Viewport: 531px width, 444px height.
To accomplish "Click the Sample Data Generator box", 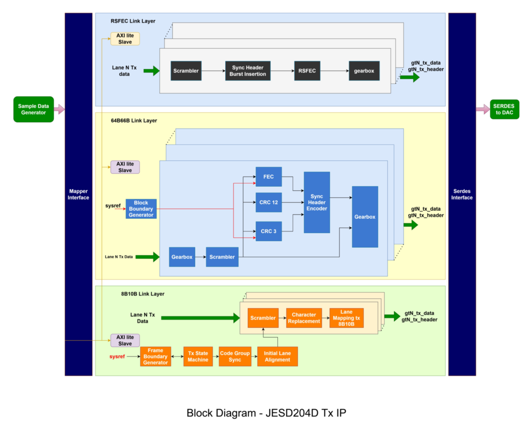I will (33, 109).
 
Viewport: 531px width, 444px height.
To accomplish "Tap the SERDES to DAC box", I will (505, 109).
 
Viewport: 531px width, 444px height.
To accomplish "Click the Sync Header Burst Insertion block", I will (248, 71).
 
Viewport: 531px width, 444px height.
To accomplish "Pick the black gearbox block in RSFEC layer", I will (364, 71).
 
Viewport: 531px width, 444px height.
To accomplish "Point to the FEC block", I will (269, 177).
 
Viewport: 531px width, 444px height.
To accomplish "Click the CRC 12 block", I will (269, 202).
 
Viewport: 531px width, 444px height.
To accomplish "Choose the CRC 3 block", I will (269, 231).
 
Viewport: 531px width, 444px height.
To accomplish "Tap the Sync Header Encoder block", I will (317, 202).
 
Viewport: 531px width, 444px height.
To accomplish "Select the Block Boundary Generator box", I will (141, 209).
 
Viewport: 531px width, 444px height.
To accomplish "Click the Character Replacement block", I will (304, 318).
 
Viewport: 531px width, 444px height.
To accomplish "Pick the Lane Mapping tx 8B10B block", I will (346, 318).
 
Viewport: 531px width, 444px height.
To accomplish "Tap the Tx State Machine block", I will (198, 356).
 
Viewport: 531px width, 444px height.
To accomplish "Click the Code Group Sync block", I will (235, 356).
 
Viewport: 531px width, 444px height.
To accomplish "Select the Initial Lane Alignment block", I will (277, 356).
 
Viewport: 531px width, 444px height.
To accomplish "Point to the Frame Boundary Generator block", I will (156, 356).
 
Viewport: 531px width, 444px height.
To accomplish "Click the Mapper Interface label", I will (78, 194).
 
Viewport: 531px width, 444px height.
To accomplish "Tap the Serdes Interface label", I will (462, 194).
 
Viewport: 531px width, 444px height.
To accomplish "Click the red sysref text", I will (117, 356).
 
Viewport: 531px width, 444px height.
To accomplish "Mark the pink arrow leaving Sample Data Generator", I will (59, 109).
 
